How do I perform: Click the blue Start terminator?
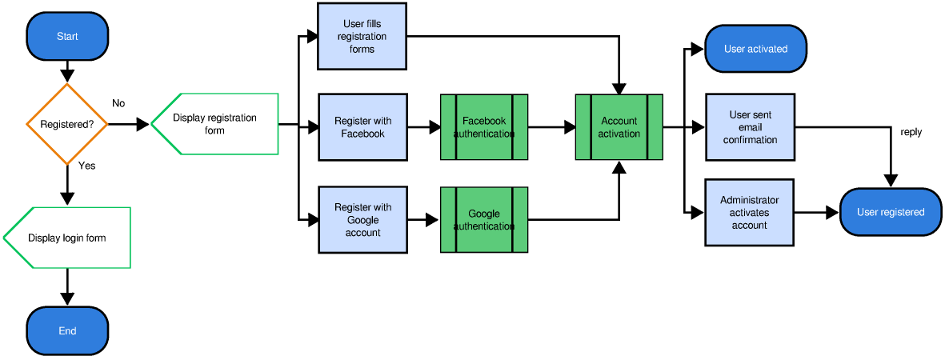(x=67, y=36)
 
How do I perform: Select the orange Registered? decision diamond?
(x=67, y=124)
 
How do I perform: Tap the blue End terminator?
(x=67, y=330)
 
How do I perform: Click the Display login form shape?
(x=67, y=238)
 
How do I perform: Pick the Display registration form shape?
(x=214, y=123)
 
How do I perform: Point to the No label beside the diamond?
(x=118, y=103)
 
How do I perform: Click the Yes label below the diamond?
(x=86, y=166)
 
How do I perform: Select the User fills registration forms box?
(x=362, y=37)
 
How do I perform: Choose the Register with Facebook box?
(x=362, y=127)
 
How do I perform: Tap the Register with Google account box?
(x=362, y=220)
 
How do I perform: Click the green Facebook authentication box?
(x=484, y=127)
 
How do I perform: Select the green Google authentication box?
(x=484, y=220)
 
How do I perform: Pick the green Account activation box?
(x=619, y=127)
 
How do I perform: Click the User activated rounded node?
(x=755, y=49)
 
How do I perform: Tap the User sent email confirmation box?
(x=750, y=127)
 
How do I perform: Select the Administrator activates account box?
(x=749, y=213)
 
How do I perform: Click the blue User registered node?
(x=890, y=212)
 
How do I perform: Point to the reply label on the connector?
(x=911, y=132)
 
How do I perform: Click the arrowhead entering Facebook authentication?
(x=434, y=127)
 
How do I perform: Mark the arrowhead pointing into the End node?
(x=67, y=299)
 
